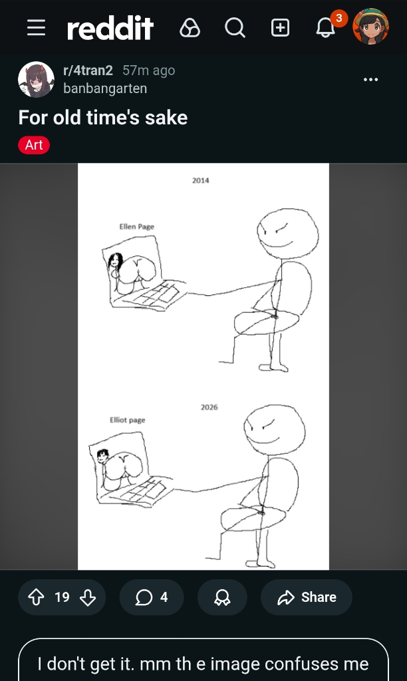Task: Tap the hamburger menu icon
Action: click(x=36, y=28)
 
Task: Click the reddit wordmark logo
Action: click(x=110, y=28)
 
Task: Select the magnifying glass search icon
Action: click(x=235, y=28)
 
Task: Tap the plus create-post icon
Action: click(x=280, y=28)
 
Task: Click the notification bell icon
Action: click(x=325, y=29)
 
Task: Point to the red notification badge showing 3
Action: click(x=339, y=18)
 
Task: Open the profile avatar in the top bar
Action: click(x=370, y=27)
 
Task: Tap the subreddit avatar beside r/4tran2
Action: click(x=36, y=80)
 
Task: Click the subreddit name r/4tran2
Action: click(x=88, y=70)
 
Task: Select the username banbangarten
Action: click(x=105, y=88)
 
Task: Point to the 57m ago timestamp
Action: click(x=148, y=70)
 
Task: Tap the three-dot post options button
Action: click(x=370, y=80)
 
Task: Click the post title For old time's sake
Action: click(x=103, y=118)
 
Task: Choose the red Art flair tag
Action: click(x=34, y=145)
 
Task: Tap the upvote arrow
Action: click(x=36, y=597)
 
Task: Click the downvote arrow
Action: click(x=88, y=597)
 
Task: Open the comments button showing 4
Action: click(x=151, y=597)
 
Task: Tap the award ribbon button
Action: click(x=222, y=597)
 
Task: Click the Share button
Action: click(x=306, y=597)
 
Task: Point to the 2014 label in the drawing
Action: click(x=201, y=180)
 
